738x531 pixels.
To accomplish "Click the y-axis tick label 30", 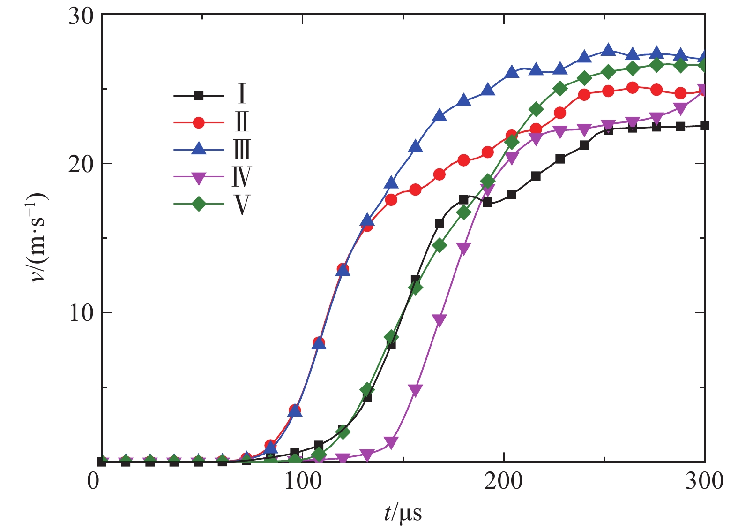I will [81, 16].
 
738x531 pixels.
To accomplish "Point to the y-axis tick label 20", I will [81, 164].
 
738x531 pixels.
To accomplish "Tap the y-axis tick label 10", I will [81, 313].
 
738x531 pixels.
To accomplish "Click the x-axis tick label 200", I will [504, 482].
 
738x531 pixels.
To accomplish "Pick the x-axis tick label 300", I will [704, 482].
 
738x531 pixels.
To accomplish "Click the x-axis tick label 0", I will [94, 482].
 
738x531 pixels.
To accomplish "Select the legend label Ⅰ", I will [242, 94].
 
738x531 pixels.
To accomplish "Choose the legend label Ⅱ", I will [242, 121].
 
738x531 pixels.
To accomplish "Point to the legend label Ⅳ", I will [242, 177].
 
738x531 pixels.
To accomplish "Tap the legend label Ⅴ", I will [242, 205].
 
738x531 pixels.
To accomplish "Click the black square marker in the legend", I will [199, 96].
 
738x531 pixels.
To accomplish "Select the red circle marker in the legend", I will [199, 123].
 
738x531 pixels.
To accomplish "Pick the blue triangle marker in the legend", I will [199, 150].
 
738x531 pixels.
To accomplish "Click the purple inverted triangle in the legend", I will [199, 178].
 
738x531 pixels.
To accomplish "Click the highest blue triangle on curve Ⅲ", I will [608, 50].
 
